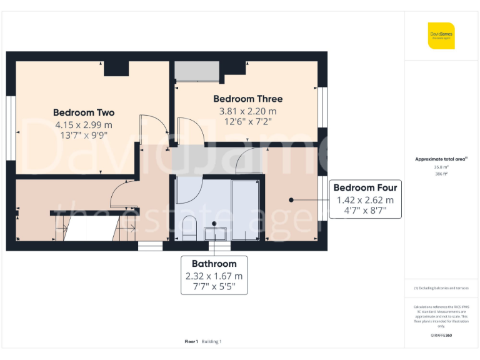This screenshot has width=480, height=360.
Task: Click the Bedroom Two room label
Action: click(84, 112)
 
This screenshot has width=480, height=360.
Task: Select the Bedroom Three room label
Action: click(247, 99)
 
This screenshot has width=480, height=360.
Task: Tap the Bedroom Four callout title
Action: click(365, 187)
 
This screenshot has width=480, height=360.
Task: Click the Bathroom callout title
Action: click(214, 264)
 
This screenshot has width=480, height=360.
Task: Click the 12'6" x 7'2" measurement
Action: click(247, 122)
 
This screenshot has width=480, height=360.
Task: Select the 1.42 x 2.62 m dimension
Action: click(365, 200)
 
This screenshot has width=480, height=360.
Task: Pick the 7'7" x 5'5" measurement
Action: click(214, 287)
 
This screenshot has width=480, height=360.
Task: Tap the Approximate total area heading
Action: click(441, 159)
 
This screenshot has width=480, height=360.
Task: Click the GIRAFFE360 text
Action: click(441, 336)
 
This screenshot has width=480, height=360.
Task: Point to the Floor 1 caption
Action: click(191, 341)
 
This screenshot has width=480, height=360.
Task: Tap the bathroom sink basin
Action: click(214, 233)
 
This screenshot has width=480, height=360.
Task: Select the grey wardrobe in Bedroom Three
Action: click(197, 71)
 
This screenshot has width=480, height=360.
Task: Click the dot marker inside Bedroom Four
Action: click(291, 200)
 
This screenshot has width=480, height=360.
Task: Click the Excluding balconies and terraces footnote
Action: click(441, 288)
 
